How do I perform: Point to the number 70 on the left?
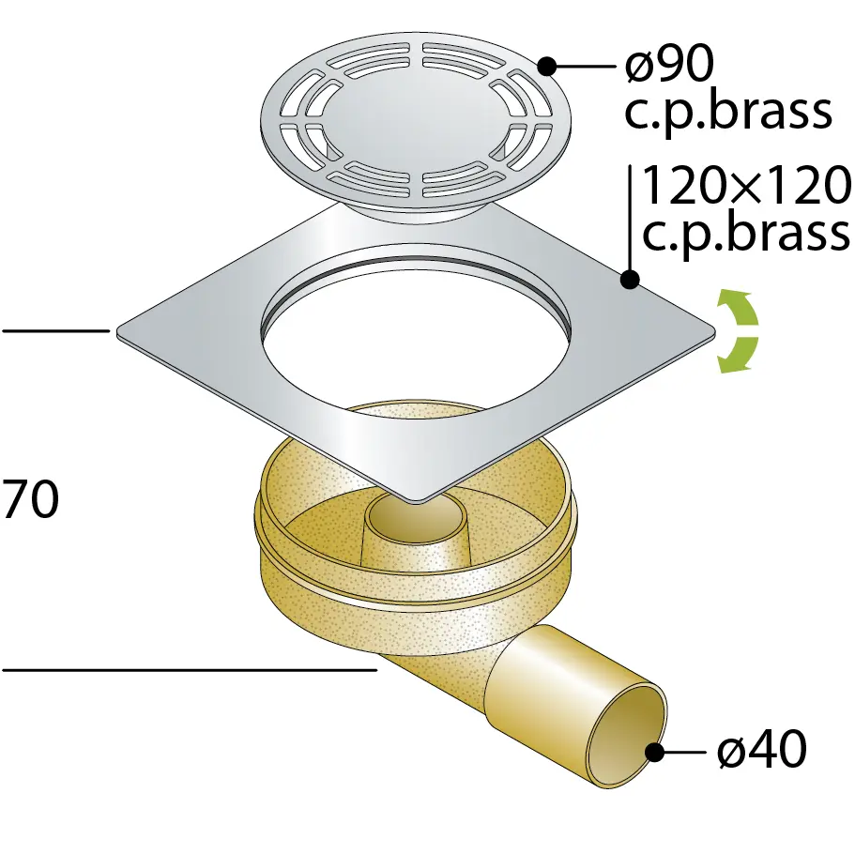[x=30, y=498]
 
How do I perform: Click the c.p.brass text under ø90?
[x=728, y=113]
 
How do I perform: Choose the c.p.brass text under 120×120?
[x=746, y=233]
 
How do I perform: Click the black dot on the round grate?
[x=547, y=67]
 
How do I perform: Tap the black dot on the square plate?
[x=630, y=280]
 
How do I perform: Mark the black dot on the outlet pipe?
[x=654, y=753]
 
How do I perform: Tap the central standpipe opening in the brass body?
[x=416, y=515]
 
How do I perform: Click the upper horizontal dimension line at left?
[x=55, y=330]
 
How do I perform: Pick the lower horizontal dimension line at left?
[x=190, y=669]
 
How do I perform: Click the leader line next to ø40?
[x=684, y=753]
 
